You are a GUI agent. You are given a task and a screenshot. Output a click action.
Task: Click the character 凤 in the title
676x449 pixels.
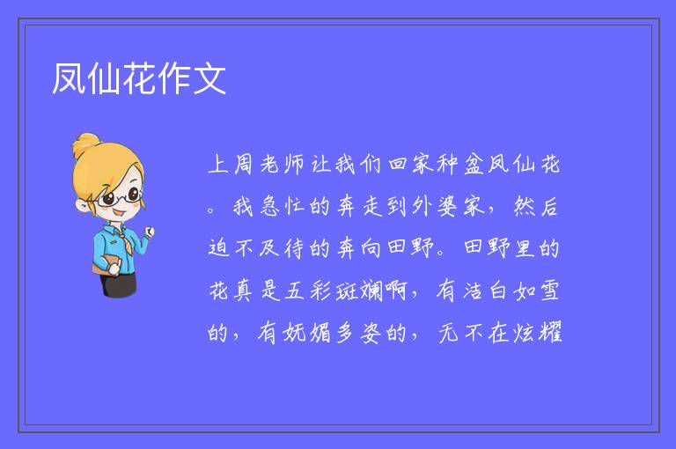[69, 78]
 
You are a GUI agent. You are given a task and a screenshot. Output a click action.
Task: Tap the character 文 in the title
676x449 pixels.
[209, 78]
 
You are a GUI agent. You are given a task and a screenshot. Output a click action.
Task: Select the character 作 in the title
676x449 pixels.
[174, 78]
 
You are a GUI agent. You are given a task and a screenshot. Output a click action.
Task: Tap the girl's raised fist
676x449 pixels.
[149, 232]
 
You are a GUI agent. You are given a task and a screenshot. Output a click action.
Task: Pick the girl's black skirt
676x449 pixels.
[119, 284]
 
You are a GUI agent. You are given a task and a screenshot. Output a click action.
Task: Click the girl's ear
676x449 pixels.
[82, 205]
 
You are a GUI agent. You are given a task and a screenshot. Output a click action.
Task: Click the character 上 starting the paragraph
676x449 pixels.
[218, 165]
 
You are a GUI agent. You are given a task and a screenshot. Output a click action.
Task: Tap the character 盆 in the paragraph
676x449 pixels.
[474, 165]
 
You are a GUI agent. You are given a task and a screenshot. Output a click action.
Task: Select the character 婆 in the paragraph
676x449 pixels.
[447, 206]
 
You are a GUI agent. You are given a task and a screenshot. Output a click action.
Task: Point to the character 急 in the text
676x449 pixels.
[269, 206]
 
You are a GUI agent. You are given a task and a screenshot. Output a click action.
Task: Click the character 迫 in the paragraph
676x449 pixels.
[218, 248]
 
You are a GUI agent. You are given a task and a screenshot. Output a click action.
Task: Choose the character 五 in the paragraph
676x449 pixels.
[295, 291]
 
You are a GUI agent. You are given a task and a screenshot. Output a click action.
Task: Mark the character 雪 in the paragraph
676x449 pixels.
[549, 291]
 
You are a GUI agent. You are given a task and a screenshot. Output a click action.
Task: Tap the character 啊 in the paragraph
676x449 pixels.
[397, 291]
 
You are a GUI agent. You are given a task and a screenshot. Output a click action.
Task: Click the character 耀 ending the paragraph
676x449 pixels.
[550, 333]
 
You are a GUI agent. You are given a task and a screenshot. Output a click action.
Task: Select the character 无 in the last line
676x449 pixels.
[448, 333]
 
